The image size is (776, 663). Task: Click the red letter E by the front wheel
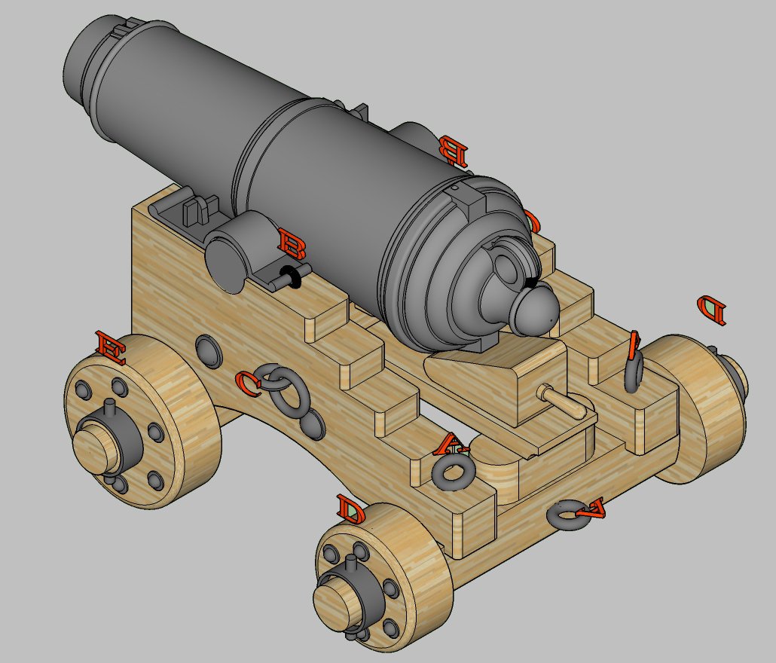tap(111, 347)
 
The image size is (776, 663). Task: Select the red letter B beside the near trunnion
tap(292, 243)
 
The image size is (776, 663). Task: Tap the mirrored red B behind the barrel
tap(454, 150)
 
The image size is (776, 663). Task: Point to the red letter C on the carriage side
tap(249, 383)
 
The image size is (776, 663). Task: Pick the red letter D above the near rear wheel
tap(351, 510)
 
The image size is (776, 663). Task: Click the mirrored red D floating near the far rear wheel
tap(712, 308)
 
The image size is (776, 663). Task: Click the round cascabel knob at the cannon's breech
tap(533, 310)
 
